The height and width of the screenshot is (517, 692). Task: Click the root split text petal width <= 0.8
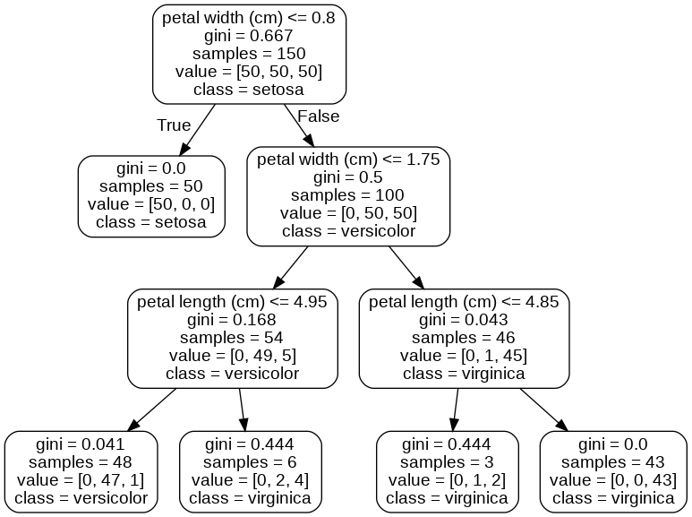click(249, 20)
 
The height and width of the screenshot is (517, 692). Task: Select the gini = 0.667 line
click(249, 37)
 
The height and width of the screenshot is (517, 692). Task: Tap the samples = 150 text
click(249, 54)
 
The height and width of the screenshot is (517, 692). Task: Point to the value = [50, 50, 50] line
click(249, 72)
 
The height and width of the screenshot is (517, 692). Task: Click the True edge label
click(174, 125)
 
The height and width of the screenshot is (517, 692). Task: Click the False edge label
click(318, 116)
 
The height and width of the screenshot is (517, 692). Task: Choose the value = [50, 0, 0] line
click(150, 203)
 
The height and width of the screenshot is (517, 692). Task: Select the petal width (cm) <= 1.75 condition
click(348, 160)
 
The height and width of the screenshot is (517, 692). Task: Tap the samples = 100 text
click(348, 194)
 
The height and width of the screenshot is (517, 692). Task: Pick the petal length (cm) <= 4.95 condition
click(232, 302)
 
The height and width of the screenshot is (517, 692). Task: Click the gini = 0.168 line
click(232, 319)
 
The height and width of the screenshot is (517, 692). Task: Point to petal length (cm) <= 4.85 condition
click(464, 302)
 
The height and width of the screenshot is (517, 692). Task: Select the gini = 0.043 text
click(464, 319)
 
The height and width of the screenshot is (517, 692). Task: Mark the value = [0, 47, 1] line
click(81, 479)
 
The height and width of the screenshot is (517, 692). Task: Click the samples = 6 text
click(251, 462)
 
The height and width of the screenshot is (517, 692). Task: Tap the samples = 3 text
click(447, 462)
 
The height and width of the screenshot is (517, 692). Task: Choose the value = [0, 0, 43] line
click(613, 479)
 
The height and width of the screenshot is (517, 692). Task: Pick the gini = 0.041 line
click(81, 444)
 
